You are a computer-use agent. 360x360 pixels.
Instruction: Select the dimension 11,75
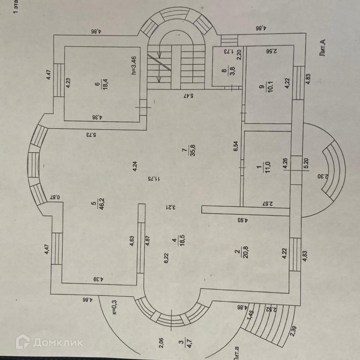tap(154, 179)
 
